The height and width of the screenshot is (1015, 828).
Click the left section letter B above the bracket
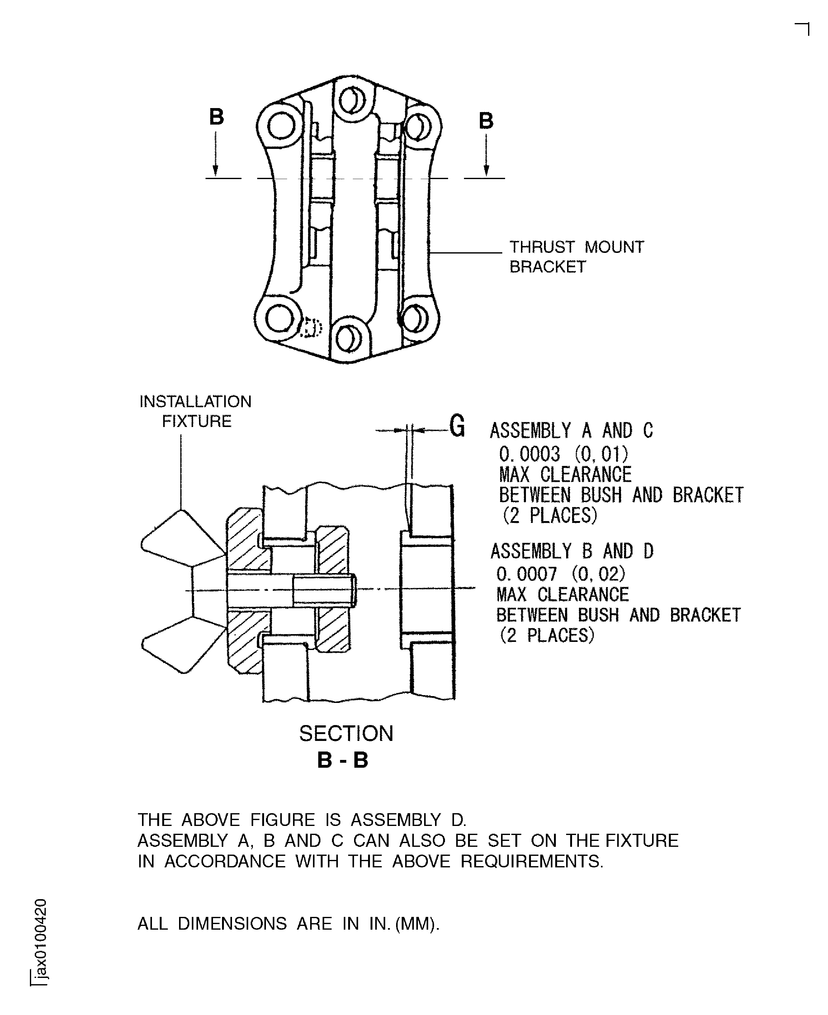[x=216, y=117]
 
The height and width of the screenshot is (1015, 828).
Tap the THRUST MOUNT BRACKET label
[x=576, y=257]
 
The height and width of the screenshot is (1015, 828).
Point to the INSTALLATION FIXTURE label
[x=196, y=411]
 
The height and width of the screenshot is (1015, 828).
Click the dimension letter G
[x=457, y=426]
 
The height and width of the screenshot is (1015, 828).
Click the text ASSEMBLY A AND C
[x=571, y=431]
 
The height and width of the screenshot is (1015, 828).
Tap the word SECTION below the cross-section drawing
[x=346, y=733]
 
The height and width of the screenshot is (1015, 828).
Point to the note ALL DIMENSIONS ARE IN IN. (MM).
[x=288, y=924]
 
